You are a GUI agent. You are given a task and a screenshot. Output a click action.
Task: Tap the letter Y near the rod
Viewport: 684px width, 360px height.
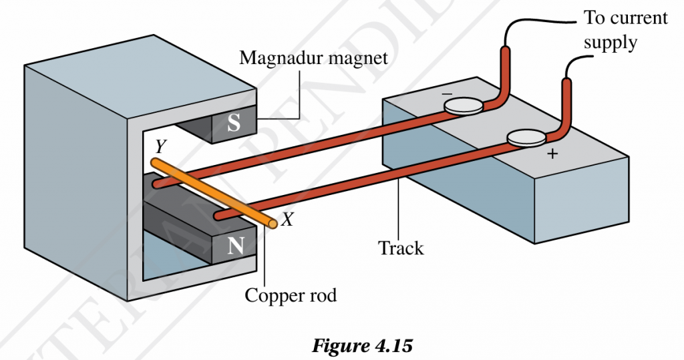[x=160, y=145]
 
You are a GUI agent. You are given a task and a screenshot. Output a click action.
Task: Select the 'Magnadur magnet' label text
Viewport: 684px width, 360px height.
[x=313, y=57]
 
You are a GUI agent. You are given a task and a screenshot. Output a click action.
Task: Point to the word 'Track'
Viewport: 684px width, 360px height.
[x=401, y=248]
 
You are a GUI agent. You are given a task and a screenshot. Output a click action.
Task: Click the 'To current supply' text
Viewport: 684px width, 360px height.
[x=625, y=29]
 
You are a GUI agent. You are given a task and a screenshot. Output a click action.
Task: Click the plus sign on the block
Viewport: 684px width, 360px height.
[x=552, y=154]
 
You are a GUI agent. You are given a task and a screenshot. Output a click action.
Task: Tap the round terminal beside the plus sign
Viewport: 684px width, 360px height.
[x=526, y=138]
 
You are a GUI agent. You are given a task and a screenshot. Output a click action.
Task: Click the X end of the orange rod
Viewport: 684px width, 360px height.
[x=272, y=224]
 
